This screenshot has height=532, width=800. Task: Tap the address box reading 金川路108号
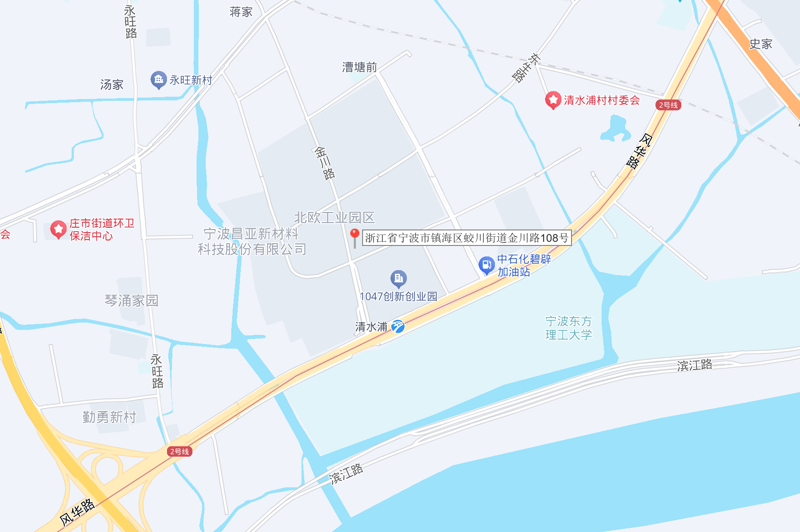[x=467, y=238]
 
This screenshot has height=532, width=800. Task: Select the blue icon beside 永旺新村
[x=158, y=80]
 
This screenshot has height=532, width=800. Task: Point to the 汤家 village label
[x=112, y=84]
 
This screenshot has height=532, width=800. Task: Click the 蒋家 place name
[x=241, y=12]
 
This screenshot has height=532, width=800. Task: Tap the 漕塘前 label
[x=359, y=68]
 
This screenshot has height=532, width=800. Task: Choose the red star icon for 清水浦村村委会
[x=553, y=100]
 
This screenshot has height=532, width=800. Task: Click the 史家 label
[x=760, y=44]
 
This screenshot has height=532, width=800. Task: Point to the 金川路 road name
[x=325, y=163]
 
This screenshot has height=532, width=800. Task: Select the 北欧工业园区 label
[x=334, y=218]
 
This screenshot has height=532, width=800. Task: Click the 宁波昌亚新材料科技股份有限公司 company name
[x=251, y=241]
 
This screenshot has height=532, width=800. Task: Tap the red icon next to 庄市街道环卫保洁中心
[x=58, y=229]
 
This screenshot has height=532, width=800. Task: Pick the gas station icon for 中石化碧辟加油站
[x=486, y=265]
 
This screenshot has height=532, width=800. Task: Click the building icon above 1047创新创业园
[x=398, y=278]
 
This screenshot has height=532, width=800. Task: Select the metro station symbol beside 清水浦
[x=398, y=326]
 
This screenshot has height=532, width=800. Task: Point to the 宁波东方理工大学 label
[x=568, y=328]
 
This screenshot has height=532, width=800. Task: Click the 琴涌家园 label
[x=131, y=300]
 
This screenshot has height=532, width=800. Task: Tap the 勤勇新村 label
[x=109, y=417]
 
